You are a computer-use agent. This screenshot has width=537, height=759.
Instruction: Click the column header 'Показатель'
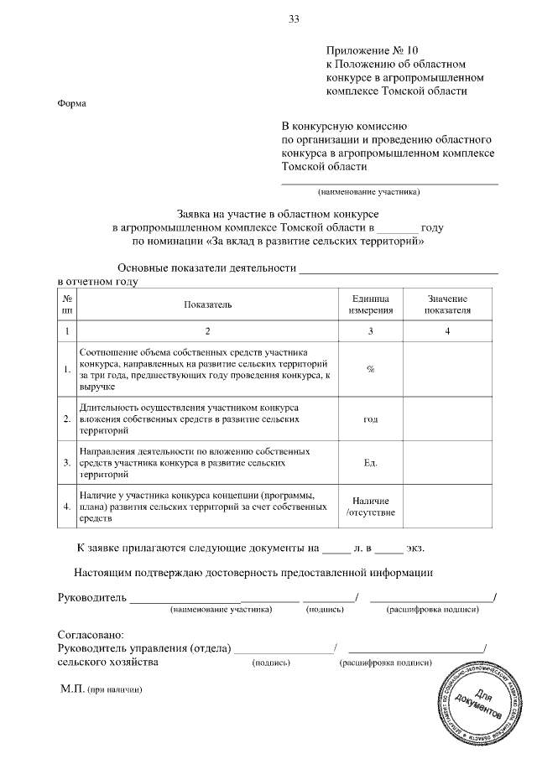[x=208, y=304]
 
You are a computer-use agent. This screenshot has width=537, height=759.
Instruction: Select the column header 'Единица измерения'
[x=370, y=304]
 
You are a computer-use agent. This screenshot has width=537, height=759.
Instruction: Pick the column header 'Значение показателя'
[x=447, y=304]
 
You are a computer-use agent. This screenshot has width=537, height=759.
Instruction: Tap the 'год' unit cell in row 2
[x=370, y=418]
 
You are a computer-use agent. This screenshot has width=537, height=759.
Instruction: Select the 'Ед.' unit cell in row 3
[x=370, y=462]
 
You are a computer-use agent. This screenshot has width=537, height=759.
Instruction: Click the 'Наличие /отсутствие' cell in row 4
[x=370, y=507]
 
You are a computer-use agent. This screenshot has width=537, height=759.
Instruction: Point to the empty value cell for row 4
[x=447, y=507]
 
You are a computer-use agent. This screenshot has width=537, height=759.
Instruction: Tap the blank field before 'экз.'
[x=388, y=549]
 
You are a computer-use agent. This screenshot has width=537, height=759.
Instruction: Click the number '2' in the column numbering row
[x=208, y=331]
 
